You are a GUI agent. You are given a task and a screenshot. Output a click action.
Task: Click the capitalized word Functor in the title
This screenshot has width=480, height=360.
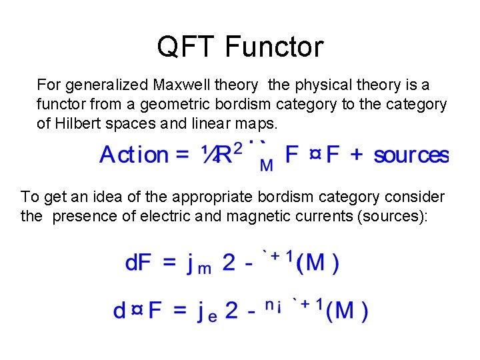tap(274, 47)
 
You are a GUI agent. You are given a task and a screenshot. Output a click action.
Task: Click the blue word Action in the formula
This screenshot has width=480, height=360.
tap(134, 155)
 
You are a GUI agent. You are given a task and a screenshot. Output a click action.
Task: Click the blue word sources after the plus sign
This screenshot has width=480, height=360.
tap(411, 155)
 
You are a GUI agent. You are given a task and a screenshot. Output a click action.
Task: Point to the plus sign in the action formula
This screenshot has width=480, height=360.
tap(357, 155)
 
